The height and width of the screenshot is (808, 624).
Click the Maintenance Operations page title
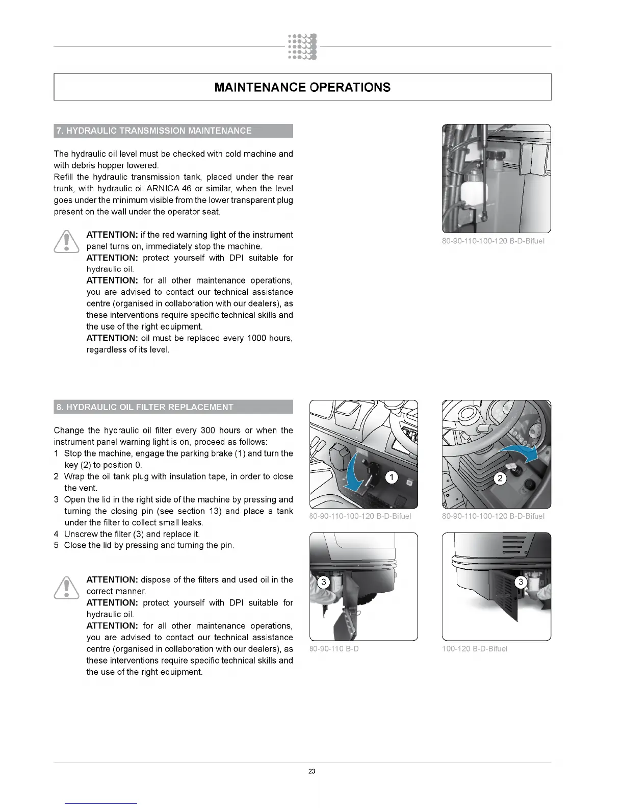302,87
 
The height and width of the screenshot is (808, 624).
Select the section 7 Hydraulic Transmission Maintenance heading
153,131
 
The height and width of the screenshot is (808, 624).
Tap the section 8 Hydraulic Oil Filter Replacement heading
145,407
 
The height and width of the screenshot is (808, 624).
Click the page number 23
312,771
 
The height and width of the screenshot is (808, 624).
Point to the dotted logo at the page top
302,46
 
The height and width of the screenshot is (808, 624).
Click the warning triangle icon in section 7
66,242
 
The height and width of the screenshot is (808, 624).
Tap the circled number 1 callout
391,477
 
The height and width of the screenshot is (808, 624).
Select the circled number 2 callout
500,478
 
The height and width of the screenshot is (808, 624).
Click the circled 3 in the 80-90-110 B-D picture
323,582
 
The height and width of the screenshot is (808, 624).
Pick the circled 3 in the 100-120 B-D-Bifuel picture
521,582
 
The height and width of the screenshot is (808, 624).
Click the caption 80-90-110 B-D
334,649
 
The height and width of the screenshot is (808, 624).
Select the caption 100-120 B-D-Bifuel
475,649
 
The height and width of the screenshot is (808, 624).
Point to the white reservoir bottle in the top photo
471,189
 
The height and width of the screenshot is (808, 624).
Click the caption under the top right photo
493,241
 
